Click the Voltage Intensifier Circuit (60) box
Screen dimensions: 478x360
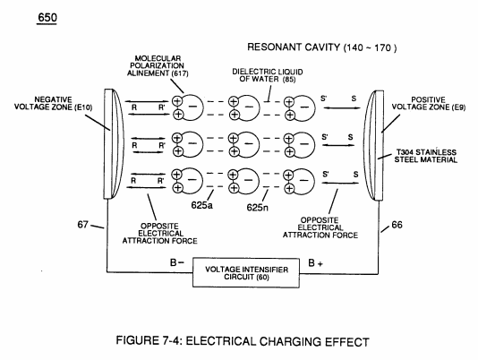(x=246, y=273)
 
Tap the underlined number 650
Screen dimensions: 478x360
(x=47, y=18)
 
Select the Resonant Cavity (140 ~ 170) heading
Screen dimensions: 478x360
(x=322, y=47)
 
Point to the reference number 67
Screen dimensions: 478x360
(x=82, y=225)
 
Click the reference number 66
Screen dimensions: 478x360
(x=397, y=225)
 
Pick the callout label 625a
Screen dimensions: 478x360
(x=201, y=205)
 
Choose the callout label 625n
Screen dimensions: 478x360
(x=258, y=208)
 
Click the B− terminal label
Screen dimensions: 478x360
(x=177, y=262)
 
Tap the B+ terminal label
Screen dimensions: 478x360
(x=315, y=263)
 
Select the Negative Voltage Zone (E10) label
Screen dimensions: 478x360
(x=53, y=103)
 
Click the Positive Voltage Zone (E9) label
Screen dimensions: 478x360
(x=428, y=103)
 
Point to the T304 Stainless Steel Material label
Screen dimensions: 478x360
(x=426, y=156)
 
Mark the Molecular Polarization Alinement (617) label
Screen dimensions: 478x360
(x=158, y=66)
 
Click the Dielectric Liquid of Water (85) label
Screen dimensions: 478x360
(x=268, y=75)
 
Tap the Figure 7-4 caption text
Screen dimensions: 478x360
(x=243, y=341)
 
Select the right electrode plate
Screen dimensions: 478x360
(x=374, y=145)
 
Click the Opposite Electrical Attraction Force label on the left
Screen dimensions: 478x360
(x=159, y=234)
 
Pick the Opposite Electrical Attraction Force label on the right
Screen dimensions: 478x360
(x=320, y=227)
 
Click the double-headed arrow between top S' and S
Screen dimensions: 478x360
(x=342, y=107)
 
